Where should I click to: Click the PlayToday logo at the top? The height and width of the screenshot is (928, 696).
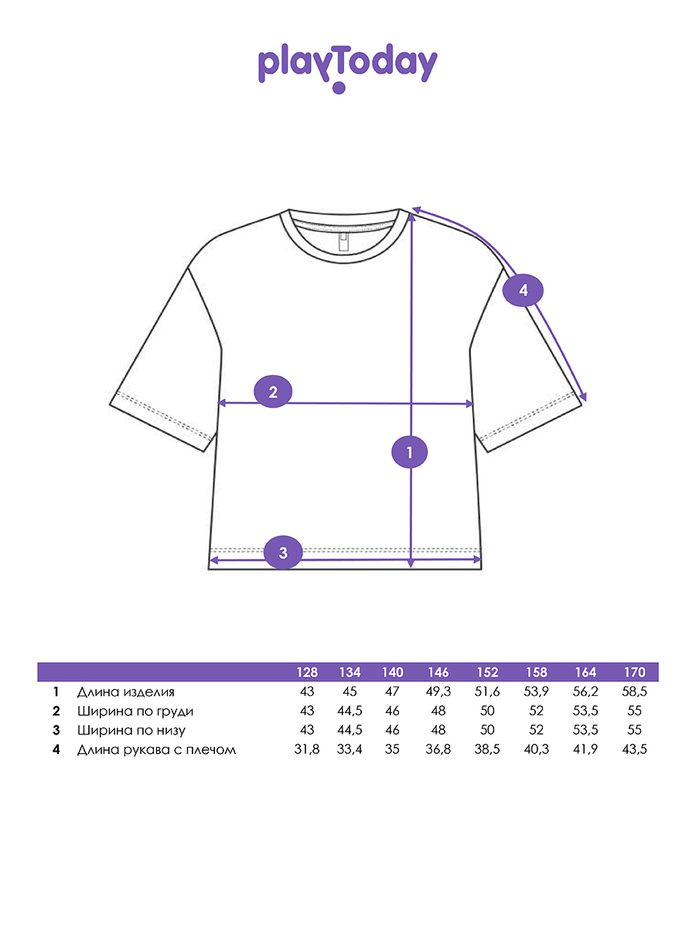point(347,67)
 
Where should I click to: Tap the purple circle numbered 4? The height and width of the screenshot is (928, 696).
point(523,291)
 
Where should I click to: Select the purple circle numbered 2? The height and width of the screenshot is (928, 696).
point(273,391)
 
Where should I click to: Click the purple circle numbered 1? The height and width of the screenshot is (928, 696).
point(410,452)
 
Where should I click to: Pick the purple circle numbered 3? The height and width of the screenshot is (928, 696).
point(283,552)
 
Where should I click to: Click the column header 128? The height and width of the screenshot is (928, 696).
point(307,672)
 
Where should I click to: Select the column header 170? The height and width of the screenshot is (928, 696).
point(634,672)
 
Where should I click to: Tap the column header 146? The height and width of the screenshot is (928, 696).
point(438,672)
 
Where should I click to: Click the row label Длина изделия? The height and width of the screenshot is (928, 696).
point(125,692)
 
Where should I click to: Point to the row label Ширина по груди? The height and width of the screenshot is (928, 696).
point(135,711)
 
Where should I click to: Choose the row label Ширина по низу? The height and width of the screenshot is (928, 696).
point(131,731)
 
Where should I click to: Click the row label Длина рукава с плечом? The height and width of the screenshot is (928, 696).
point(156,749)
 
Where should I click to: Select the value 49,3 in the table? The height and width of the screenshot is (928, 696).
point(438,691)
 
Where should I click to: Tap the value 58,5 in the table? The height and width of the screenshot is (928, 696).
point(634,691)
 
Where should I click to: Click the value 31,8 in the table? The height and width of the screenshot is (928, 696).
point(307,749)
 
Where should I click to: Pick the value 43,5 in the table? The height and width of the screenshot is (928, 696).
point(634,749)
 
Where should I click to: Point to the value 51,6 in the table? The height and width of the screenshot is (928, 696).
point(487,691)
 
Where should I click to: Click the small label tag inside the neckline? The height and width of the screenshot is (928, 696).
point(343,242)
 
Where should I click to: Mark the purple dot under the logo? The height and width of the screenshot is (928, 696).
point(339,87)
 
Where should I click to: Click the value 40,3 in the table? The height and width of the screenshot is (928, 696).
point(536,749)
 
